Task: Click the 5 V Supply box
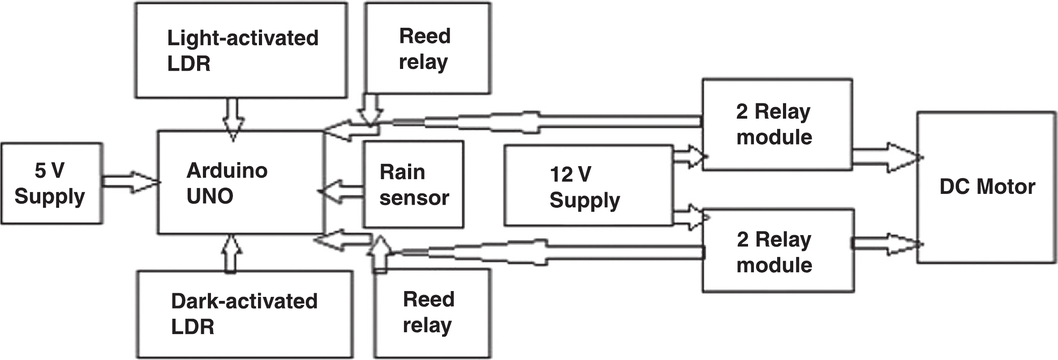tap(52, 183)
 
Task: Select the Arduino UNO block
tap(240, 183)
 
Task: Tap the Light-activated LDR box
tap(241, 50)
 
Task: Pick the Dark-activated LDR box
tap(245, 313)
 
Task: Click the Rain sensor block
tap(413, 184)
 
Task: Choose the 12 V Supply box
tap(589, 185)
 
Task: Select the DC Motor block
tap(986, 187)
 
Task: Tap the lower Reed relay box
tap(432, 313)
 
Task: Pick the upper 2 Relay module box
tap(777, 124)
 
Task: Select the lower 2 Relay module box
tap(778, 251)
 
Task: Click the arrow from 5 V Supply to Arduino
tap(130, 182)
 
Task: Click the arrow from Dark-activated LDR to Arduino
tap(231, 253)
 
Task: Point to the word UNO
tap(210, 196)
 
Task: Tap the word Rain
tap(402, 172)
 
